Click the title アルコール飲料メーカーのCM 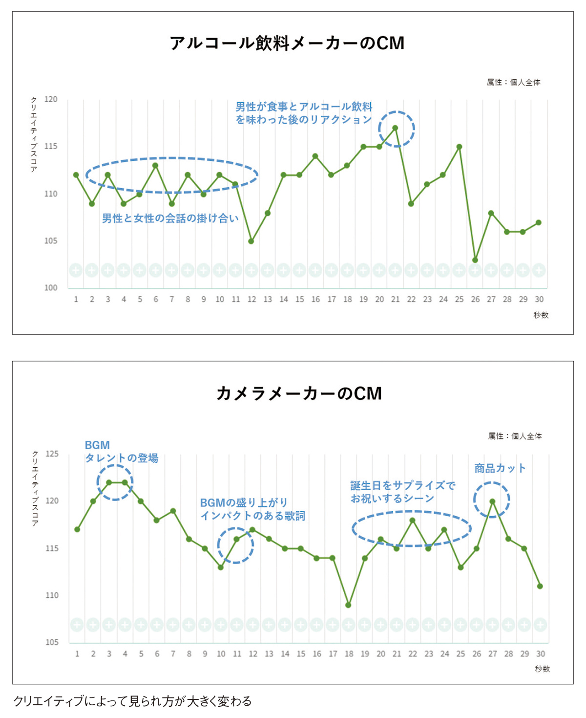[287, 43]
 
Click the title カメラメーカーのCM [299, 393]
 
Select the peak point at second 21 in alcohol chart [395, 128]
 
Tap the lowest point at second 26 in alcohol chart [475, 260]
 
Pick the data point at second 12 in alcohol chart [251, 241]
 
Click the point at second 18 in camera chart [348, 605]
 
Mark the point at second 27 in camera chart [492, 501]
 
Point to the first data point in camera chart [77, 529]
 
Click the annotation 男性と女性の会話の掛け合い [170, 218]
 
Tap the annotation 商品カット [500, 468]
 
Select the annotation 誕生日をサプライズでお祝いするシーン [402, 492]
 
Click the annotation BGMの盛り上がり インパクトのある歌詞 [252, 509]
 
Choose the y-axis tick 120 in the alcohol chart [51, 99]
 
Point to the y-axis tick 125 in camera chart [52, 454]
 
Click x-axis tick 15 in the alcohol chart [299, 299]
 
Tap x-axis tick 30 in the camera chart [540, 653]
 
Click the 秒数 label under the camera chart [542, 669]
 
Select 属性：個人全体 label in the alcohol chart [514, 82]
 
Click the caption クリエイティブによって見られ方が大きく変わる [132, 701]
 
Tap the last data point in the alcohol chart [539, 222]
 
